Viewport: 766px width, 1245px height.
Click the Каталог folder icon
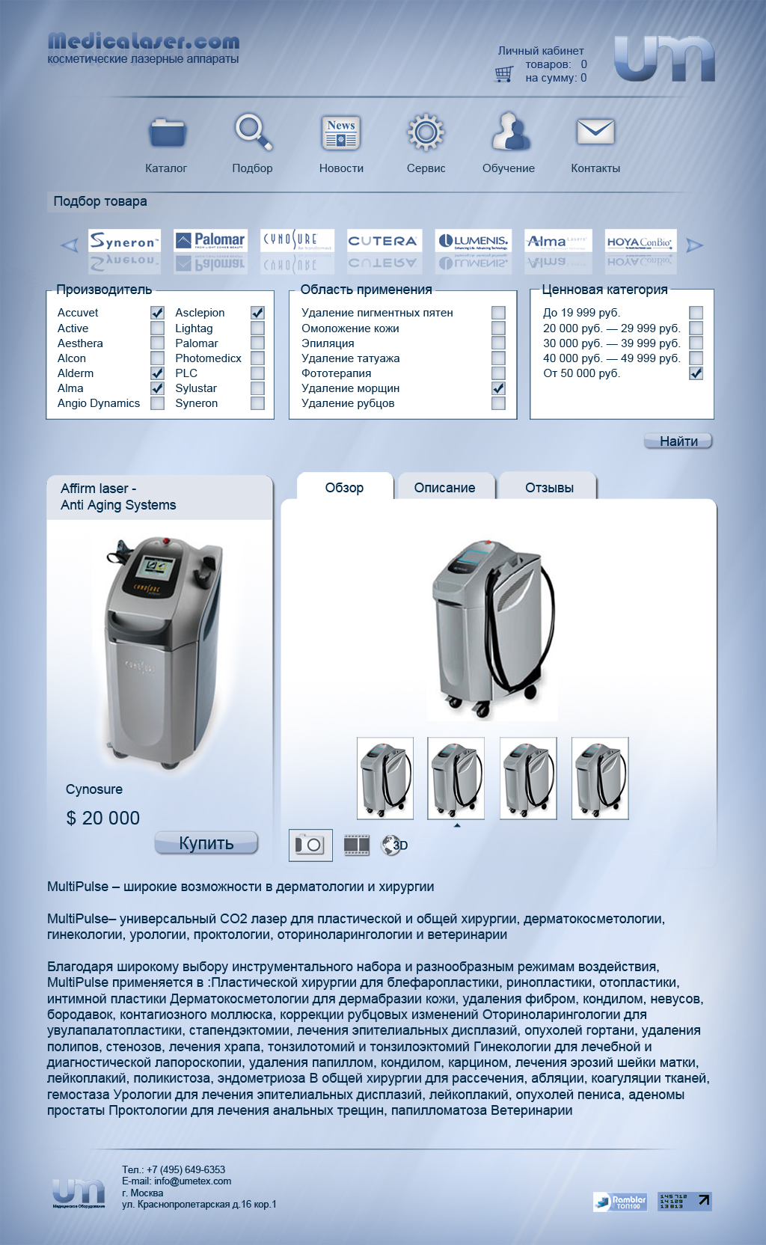pos(167,133)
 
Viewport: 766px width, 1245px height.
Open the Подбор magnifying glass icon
pos(253,132)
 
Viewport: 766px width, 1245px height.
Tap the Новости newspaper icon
pos(341,133)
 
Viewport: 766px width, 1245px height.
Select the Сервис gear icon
pos(426,133)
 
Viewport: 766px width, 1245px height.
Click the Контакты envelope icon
pos(595,132)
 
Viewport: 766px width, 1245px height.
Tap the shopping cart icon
pos(504,73)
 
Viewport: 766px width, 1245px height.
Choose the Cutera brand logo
pos(383,241)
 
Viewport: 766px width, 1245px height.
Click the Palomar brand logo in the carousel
pos(210,240)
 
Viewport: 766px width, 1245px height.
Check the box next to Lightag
pos(257,328)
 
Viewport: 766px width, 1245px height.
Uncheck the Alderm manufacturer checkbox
pos(157,373)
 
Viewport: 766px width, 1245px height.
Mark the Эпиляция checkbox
pos(498,343)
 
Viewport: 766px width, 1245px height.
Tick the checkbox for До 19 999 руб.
pos(696,313)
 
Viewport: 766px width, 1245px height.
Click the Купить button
pos(206,843)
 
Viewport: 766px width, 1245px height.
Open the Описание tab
pos(445,488)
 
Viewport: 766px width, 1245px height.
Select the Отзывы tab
pos(549,488)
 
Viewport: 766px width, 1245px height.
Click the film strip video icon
pos(357,845)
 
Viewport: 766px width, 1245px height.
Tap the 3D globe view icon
pos(393,845)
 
